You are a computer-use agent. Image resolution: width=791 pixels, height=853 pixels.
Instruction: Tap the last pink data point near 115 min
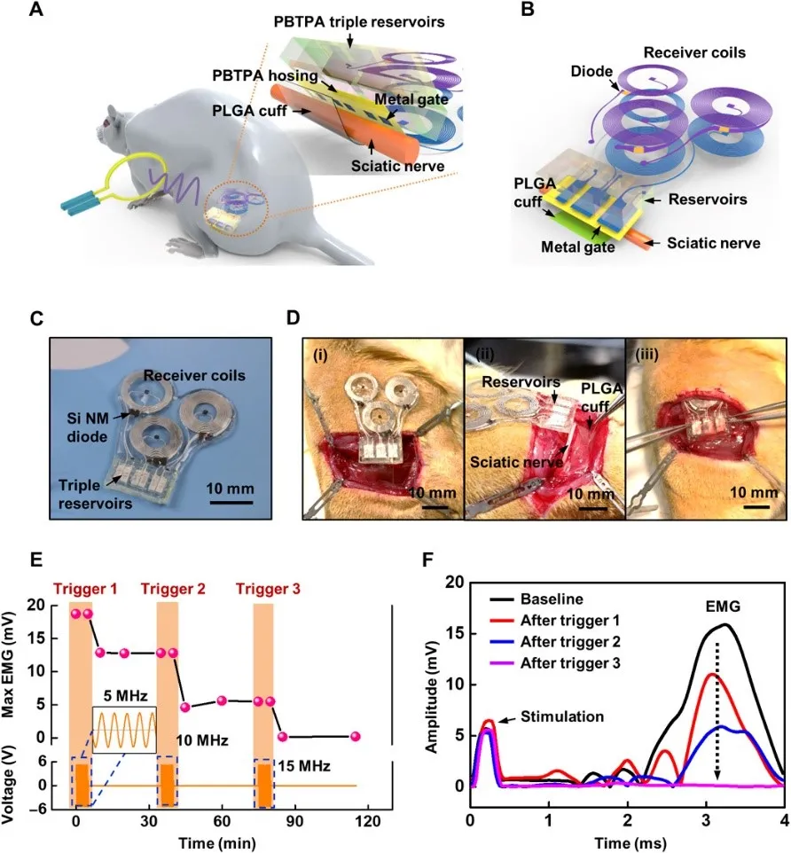[355, 736]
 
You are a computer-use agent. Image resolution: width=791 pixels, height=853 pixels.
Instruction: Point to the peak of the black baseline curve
[725, 624]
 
